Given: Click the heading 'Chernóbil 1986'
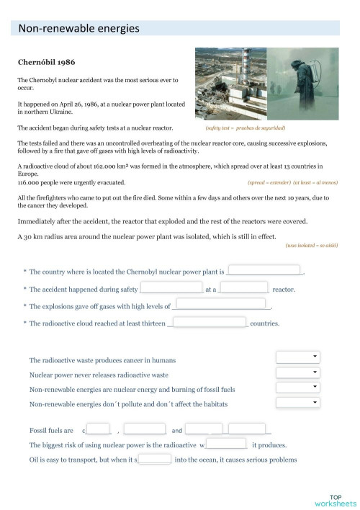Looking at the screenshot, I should pyautogui.click(x=45, y=62).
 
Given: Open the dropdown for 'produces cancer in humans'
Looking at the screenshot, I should pyautogui.click(x=297, y=357).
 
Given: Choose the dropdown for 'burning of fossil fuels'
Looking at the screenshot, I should pyautogui.click(x=297, y=388).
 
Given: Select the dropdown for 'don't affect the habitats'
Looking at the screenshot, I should pyautogui.click(x=297, y=403).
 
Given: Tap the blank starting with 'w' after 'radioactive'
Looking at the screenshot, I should pyautogui.click(x=227, y=444).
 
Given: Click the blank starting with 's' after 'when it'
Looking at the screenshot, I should pyautogui.click(x=154, y=459).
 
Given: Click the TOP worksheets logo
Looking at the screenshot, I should pyautogui.click(x=335, y=501).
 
